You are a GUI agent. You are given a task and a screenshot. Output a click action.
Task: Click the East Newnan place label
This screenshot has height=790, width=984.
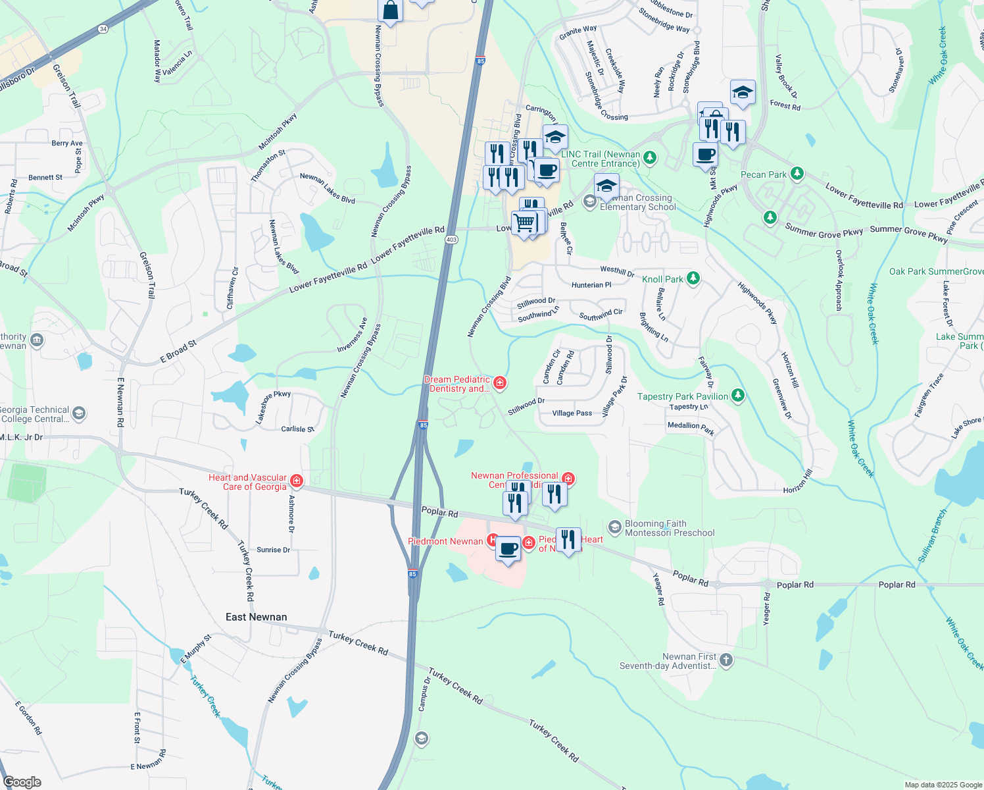[256, 617]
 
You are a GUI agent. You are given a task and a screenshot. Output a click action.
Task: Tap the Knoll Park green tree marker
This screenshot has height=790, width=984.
[693, 278]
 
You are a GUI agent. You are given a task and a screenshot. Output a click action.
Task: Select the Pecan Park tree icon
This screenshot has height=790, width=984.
[797, 174]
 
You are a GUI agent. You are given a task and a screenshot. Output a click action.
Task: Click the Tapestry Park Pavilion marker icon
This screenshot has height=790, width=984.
[738, 395]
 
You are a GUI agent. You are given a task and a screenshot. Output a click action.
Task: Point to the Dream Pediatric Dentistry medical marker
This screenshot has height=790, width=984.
[500, 382]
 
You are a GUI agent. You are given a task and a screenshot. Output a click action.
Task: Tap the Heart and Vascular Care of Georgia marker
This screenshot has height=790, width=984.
[297, 481]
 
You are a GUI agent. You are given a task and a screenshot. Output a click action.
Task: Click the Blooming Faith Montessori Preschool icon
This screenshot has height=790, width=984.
[614, 527]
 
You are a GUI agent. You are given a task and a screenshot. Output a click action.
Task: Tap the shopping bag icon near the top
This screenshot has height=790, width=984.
[390, 11]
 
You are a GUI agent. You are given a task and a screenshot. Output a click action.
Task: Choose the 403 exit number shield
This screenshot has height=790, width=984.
[451, 240]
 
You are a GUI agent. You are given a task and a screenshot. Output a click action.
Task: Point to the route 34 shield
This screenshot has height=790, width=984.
[103, 29]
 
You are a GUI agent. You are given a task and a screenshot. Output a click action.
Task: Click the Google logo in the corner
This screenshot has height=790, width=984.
[22, 782]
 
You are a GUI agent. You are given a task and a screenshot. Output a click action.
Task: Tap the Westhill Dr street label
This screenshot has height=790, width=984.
[617, 271]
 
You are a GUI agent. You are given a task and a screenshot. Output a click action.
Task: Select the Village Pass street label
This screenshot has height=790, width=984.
[572, 413]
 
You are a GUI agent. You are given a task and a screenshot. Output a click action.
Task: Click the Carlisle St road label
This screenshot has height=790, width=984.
[297, 429]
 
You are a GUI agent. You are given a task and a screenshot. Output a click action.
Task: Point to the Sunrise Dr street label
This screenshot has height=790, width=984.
[273, 550]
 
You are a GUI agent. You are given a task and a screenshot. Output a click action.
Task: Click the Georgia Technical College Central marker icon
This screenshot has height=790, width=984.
[79, 413]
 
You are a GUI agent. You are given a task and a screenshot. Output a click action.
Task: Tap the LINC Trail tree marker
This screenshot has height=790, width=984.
[650, 157]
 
